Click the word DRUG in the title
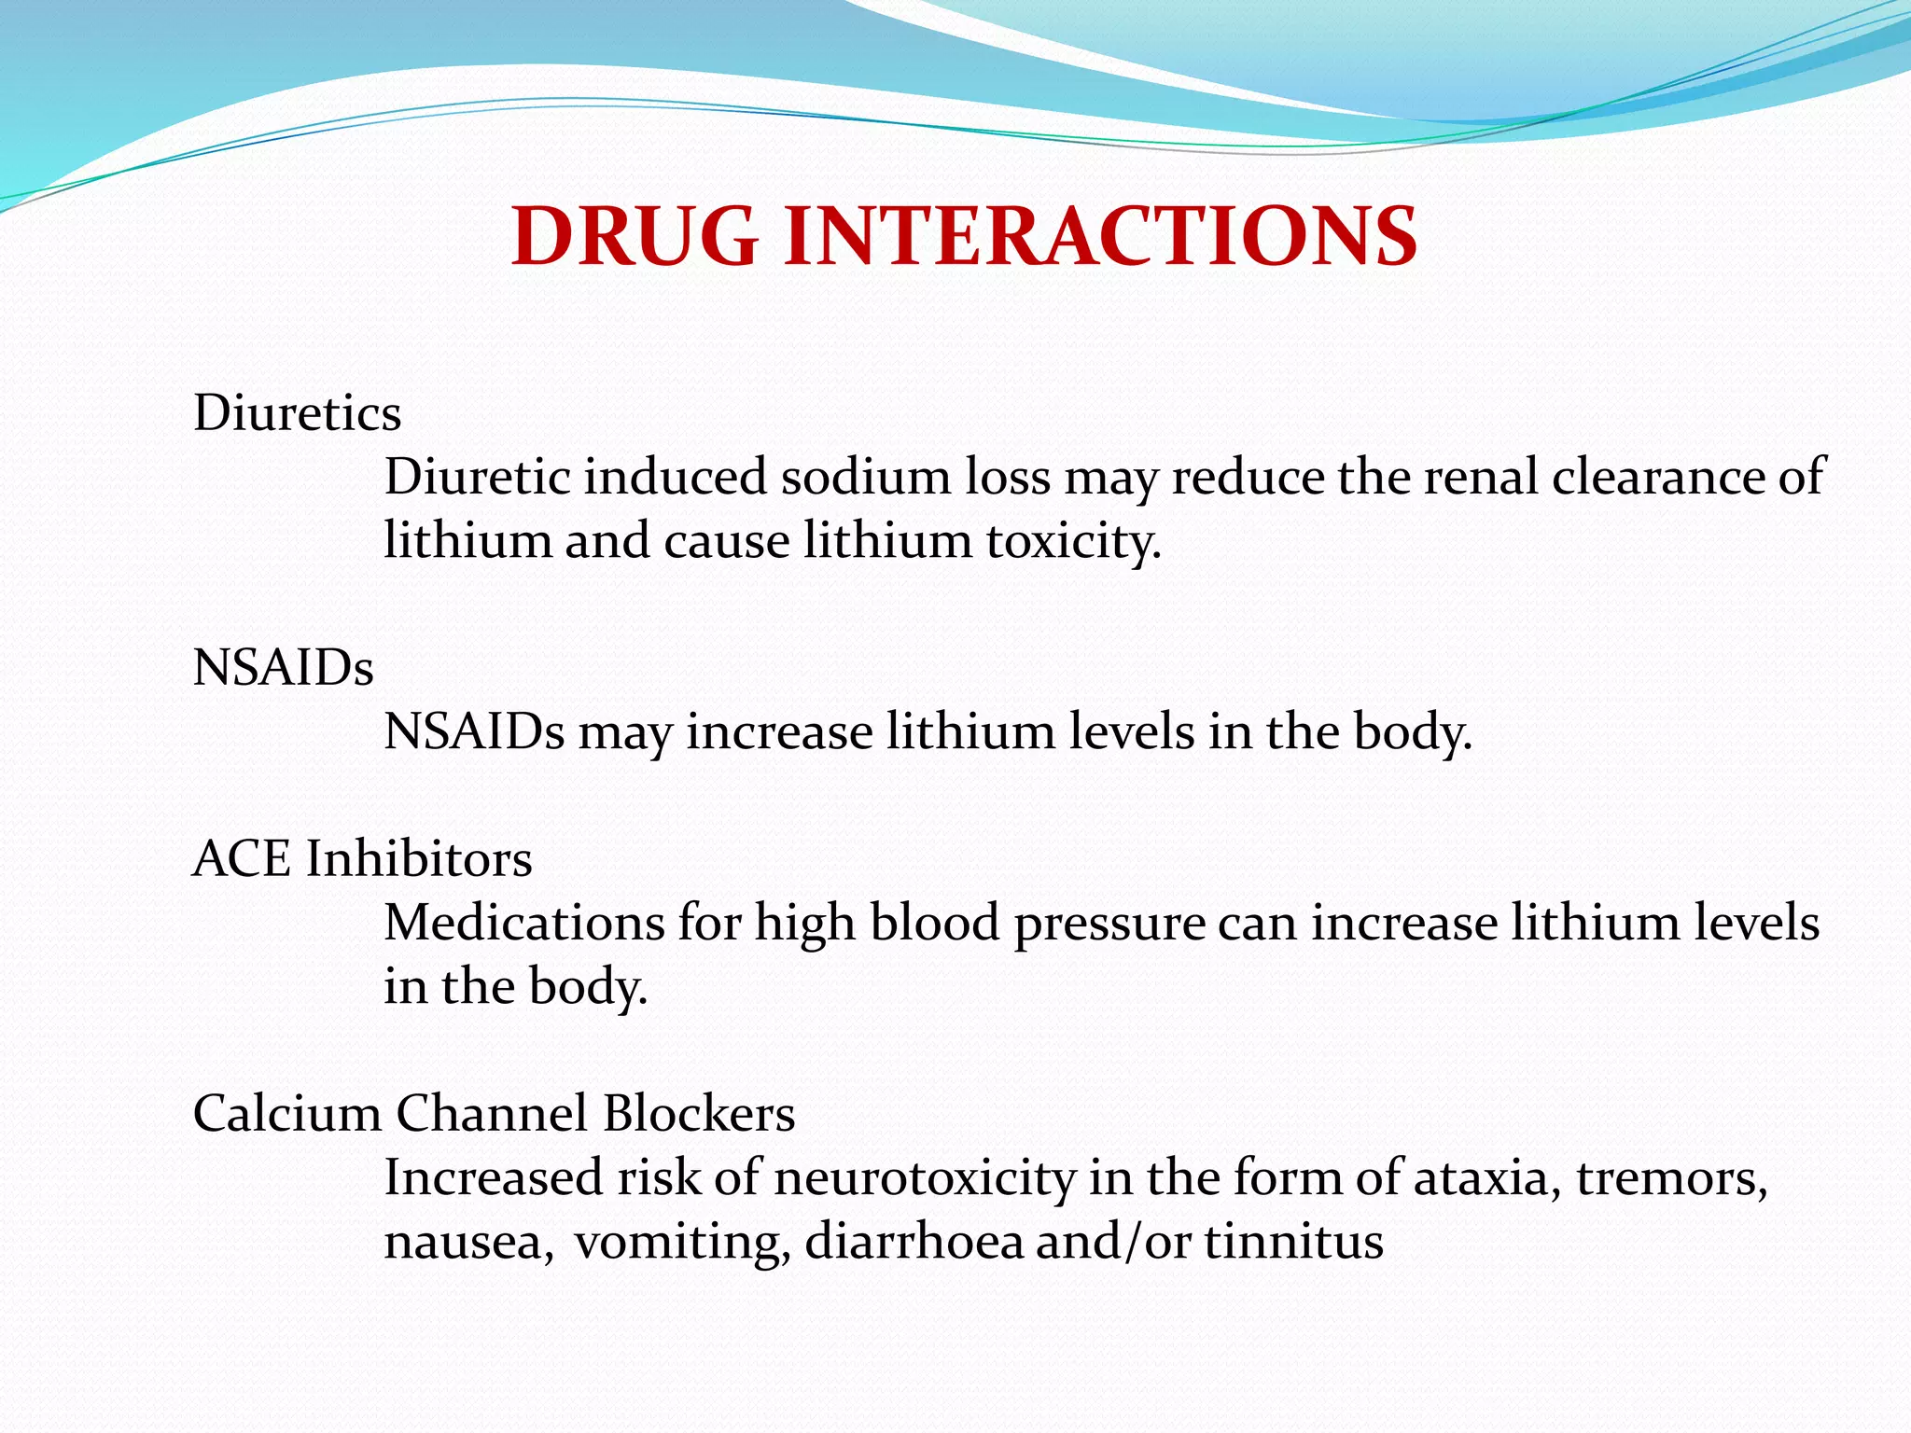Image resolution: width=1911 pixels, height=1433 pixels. point(635,236)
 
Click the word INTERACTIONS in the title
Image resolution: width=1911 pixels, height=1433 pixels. point(1101,236)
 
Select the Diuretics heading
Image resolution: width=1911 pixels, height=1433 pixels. point(297,413)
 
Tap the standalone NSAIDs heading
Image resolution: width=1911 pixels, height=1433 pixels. point(283,668)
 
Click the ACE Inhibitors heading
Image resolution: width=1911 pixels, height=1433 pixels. point(362,858)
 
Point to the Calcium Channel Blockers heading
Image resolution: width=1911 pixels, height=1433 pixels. point(494,1113)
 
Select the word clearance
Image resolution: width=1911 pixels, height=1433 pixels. point(1657,477)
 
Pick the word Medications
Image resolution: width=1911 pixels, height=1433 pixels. point(524,923)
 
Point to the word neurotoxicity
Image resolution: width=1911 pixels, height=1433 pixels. point(924,1177)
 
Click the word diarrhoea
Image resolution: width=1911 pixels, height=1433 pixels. point(914,1242)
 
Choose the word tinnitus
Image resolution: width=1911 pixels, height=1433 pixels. point(1293,1242)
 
